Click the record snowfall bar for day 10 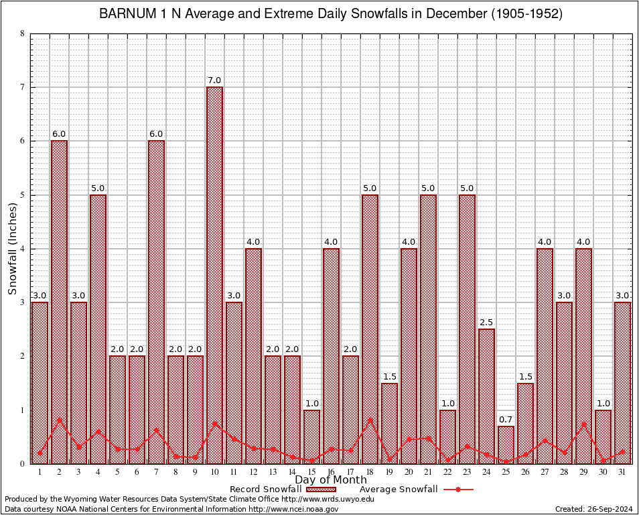(x=214, y=275)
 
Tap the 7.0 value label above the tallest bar (x=214, y=80)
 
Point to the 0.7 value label (x=506, y=420)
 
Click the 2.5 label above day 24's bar (x=486, y=323)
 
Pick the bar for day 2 (x=59, y=302)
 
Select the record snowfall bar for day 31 (x=622, y=382)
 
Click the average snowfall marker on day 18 (x=370, y=420)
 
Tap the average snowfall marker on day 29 (x=583, y=424)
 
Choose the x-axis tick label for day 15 (x=311, y=472)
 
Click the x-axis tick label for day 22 (x=447, y=472)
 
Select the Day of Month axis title (x=330, y=480)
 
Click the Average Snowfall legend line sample (x=457, y=490)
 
